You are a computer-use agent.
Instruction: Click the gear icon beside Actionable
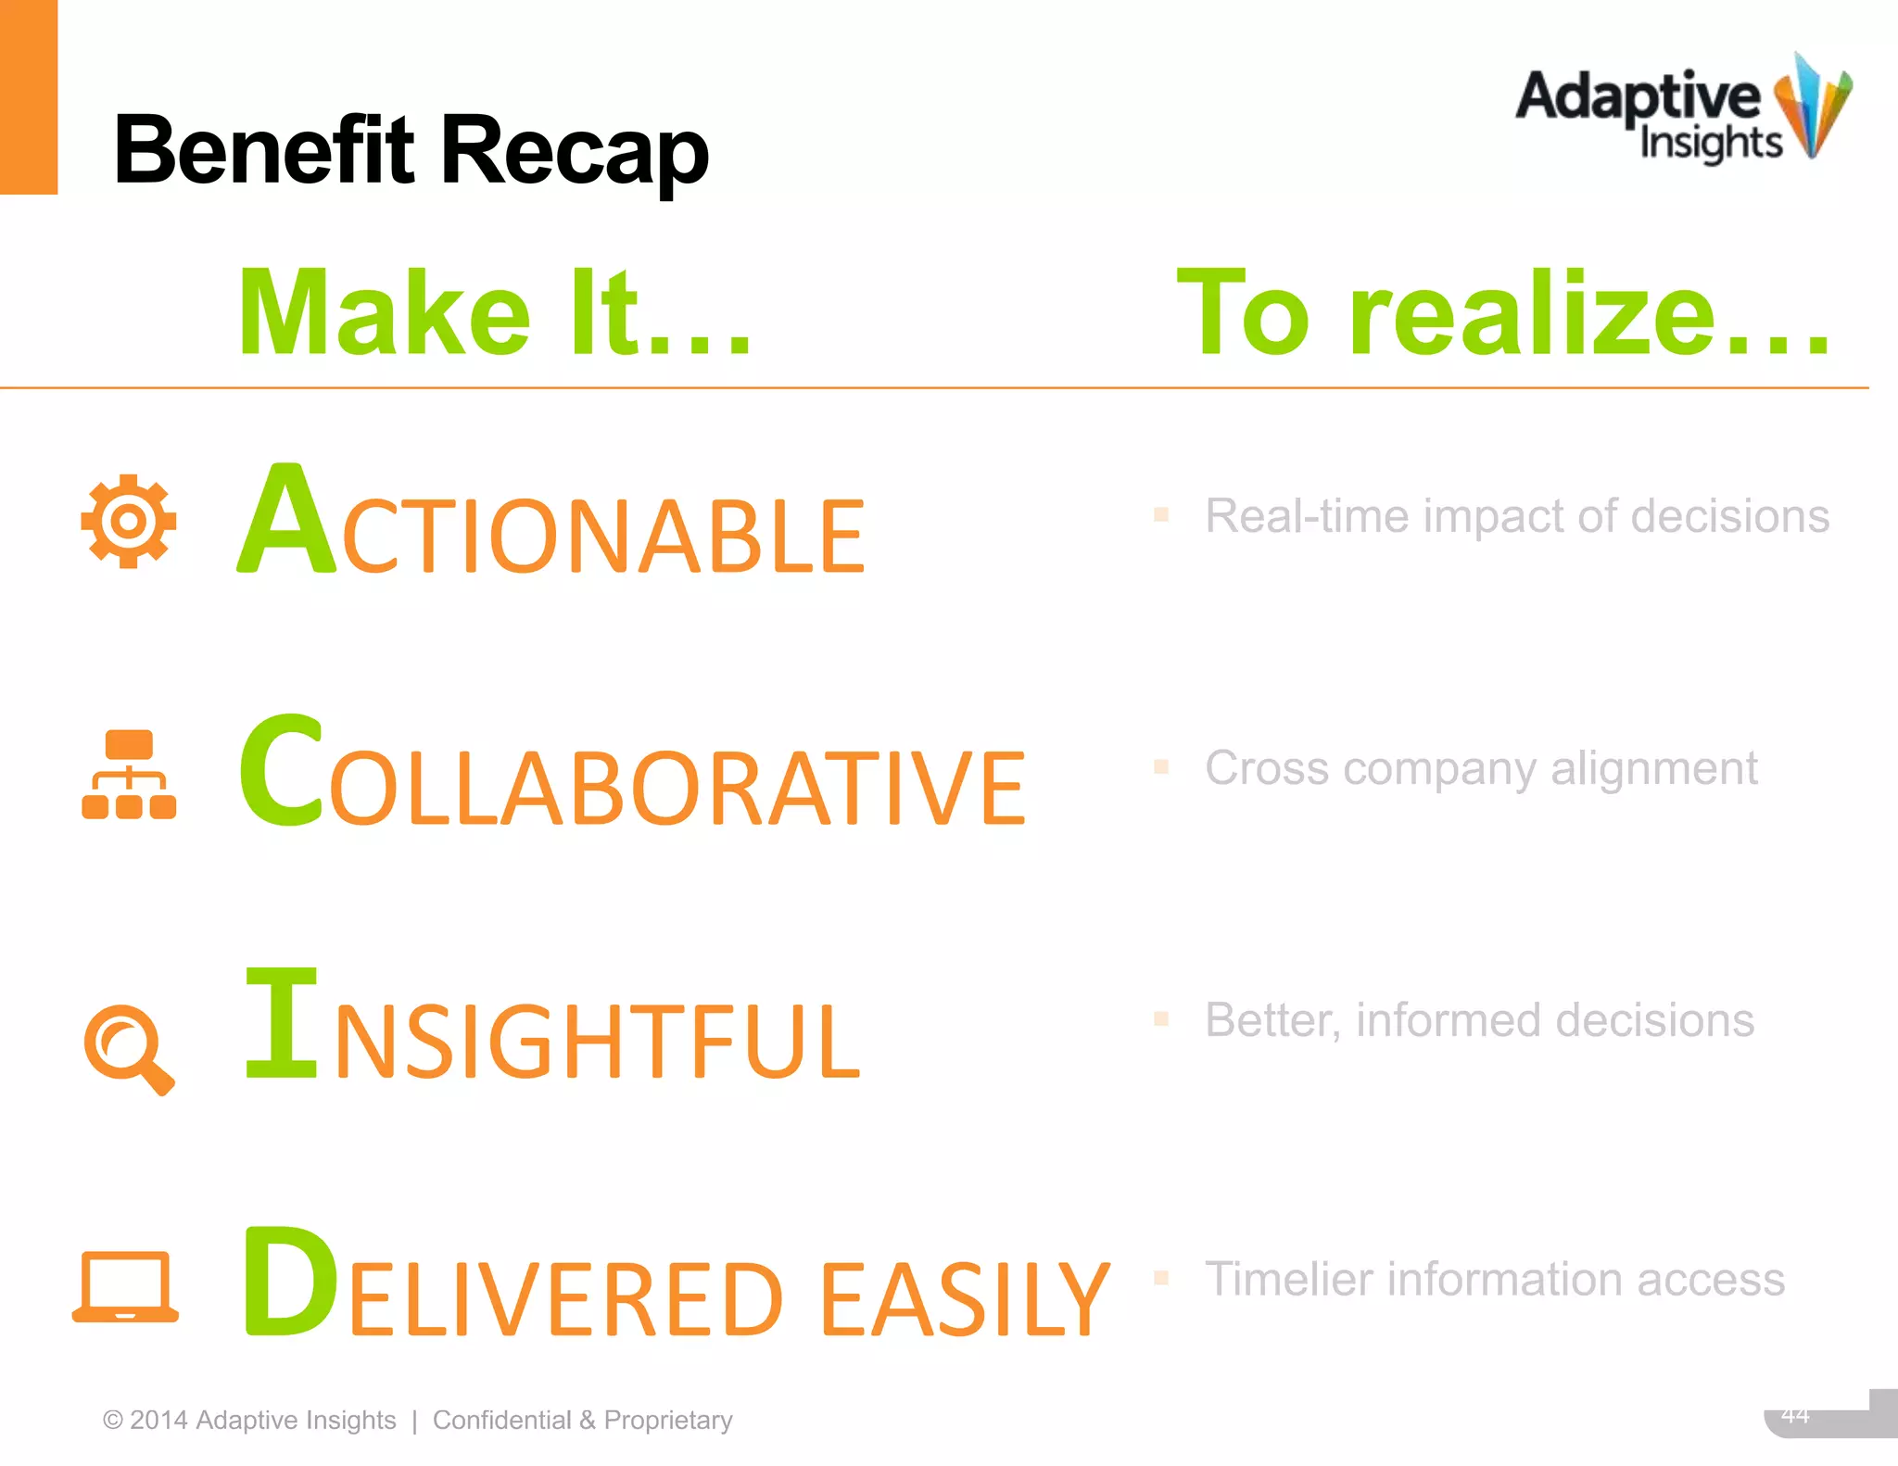tap(129, 521)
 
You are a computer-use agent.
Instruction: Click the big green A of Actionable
tap(286, 520)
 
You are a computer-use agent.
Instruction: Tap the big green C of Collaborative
tap(282, 771)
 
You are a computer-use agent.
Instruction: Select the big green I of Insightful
tap(282, 1023)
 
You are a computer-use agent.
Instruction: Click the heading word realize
tap(1534, 315)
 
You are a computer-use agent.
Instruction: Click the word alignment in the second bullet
tap(1654, 768)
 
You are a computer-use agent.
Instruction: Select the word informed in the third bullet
tap(1449, 1020)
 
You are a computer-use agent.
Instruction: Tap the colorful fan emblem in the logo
tap(1812, 107)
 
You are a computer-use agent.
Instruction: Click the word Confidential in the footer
tap(501, 1420)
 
